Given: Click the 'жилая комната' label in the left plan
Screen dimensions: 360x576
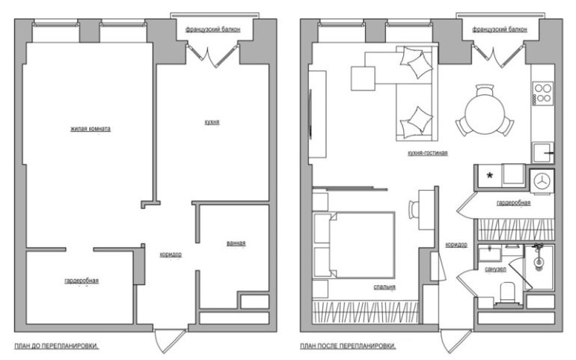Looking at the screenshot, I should [x=91, y=129].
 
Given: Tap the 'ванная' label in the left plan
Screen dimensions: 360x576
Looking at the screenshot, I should [x=236, y=243].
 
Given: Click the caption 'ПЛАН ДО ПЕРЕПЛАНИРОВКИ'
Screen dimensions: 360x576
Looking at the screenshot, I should [x=57, y=347].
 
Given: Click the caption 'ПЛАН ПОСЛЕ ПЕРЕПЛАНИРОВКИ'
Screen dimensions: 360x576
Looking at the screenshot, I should [x=348, y=347].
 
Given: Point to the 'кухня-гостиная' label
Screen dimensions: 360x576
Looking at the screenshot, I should [x=427, y=153].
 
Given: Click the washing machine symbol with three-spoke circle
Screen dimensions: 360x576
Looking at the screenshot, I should [x=542, y=180].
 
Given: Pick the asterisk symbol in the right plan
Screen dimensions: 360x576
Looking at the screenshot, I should [x=491, y=175].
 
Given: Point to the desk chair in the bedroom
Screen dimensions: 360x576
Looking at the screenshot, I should [x=414, y=210].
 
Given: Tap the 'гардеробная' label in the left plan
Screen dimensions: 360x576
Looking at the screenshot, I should [x=81, y=281].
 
